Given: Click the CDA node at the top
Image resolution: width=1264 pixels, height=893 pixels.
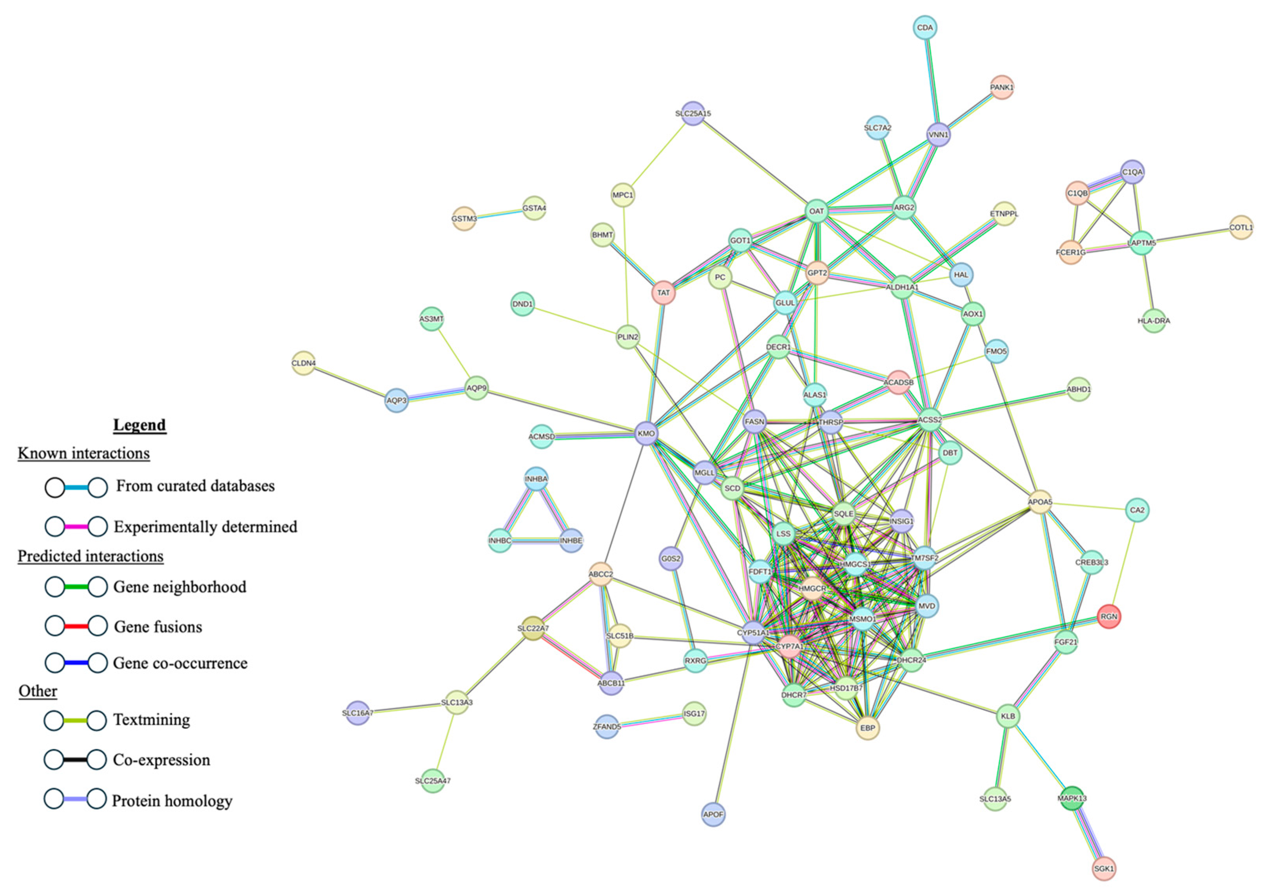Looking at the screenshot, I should [x=925, y=27].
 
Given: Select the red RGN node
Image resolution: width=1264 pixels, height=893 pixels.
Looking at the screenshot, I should [x=1109, y=617].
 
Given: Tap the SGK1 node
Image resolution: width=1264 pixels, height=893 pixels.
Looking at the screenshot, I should [x=1103, y=869].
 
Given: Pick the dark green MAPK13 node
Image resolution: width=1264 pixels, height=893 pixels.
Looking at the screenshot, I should [x=1072, y=798].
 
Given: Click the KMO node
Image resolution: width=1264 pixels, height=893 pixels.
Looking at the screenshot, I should [x=646, y=433].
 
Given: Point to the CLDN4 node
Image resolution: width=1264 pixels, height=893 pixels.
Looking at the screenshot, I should [x=303, y=363].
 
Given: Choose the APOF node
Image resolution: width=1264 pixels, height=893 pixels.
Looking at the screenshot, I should [x=713, y=814].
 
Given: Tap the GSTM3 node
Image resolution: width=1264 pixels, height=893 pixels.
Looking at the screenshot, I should [x=464, y=219].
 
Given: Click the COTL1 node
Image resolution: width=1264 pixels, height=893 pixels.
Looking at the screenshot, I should [x=1241, y=227].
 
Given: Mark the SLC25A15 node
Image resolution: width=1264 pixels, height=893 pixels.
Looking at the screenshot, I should [x=693, y=113].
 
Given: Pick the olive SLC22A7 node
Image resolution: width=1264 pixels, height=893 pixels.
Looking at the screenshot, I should [x=533, y=628].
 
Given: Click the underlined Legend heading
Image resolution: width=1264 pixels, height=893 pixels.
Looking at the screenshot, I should [x=139, y=425].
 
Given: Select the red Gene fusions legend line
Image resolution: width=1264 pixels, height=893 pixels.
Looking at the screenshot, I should [x=76, y=626].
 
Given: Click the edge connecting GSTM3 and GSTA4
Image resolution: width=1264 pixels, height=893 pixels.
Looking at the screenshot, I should [x=499, y=214].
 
